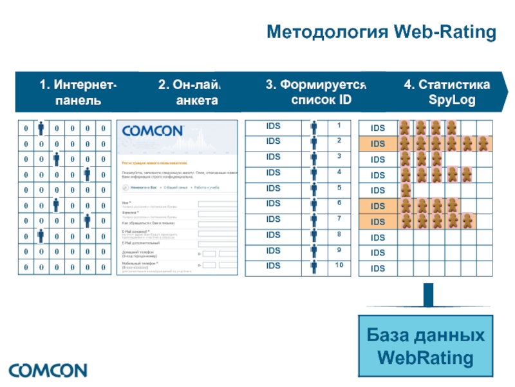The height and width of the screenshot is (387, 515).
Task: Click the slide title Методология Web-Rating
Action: pyautogui.click(x=382, y=32)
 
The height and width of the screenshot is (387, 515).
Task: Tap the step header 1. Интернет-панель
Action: pyautogui.click(x=77, y=93)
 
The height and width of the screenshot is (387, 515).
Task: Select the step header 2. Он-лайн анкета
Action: pyautogui.click(x=189, y=93)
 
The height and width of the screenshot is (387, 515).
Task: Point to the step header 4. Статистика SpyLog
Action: pyautogui.click(x=447, y=93)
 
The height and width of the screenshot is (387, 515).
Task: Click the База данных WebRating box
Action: pyautogui.click(x=426, y=346)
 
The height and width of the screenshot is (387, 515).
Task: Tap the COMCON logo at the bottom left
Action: pyautogui.click(x=48, y=371)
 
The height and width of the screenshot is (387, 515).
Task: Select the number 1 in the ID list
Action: pyautogui.click(x=339, y=124)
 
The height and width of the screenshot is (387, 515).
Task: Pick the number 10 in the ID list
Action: pyautogui.click(x=339, y=266)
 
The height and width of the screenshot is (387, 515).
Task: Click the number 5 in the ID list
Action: pyautogui.click(x=339, y=187)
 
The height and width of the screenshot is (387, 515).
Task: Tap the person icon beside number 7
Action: pyautogui.click(x=314, y=221)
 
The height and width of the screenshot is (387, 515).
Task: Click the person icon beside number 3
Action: pyautogui.click(x=314, y=158)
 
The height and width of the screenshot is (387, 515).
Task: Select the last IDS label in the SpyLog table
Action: pyautogui.click(x=378, y=268)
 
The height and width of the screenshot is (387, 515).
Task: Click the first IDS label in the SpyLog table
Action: pyautogui.click(x=378, y=128)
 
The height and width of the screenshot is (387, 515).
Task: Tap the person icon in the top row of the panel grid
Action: pyautogui.click(x=41, y=128)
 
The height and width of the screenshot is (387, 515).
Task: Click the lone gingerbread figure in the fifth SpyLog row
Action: pyautogui.click(x=406, y=190)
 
